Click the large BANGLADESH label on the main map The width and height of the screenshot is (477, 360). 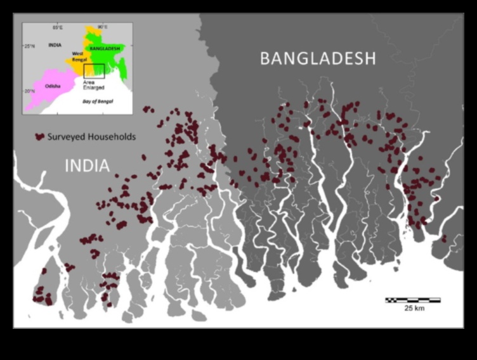(318, 59)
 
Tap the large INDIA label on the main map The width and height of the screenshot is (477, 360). (87, 166)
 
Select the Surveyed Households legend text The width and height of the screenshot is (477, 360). (91, 137)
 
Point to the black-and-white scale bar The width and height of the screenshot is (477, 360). (413, 300)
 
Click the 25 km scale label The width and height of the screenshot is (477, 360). (414, 309)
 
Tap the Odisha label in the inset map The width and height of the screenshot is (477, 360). (52, 86)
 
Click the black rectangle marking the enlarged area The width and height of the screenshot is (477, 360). (94, 71)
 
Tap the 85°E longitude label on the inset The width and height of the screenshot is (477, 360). (57, 27)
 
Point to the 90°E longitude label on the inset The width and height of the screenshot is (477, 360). (102, 27)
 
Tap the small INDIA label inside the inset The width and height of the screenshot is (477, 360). (55, 45)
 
